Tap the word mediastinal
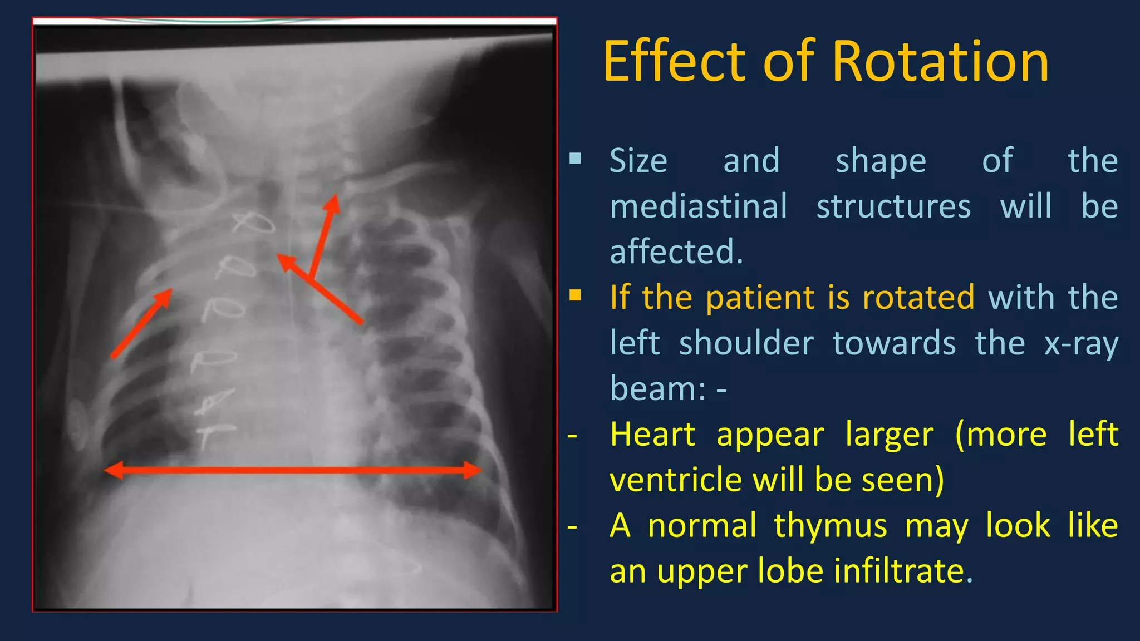(x=699, y=206)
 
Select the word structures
(x=893, y=206)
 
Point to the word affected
(x=676, y=252)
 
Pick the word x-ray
(x=1080, y=343)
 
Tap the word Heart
(x=652, y=434)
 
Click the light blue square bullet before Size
(x=575, y=160)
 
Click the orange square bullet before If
(x=575, y=295)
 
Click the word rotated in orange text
(x=918, y=297)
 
